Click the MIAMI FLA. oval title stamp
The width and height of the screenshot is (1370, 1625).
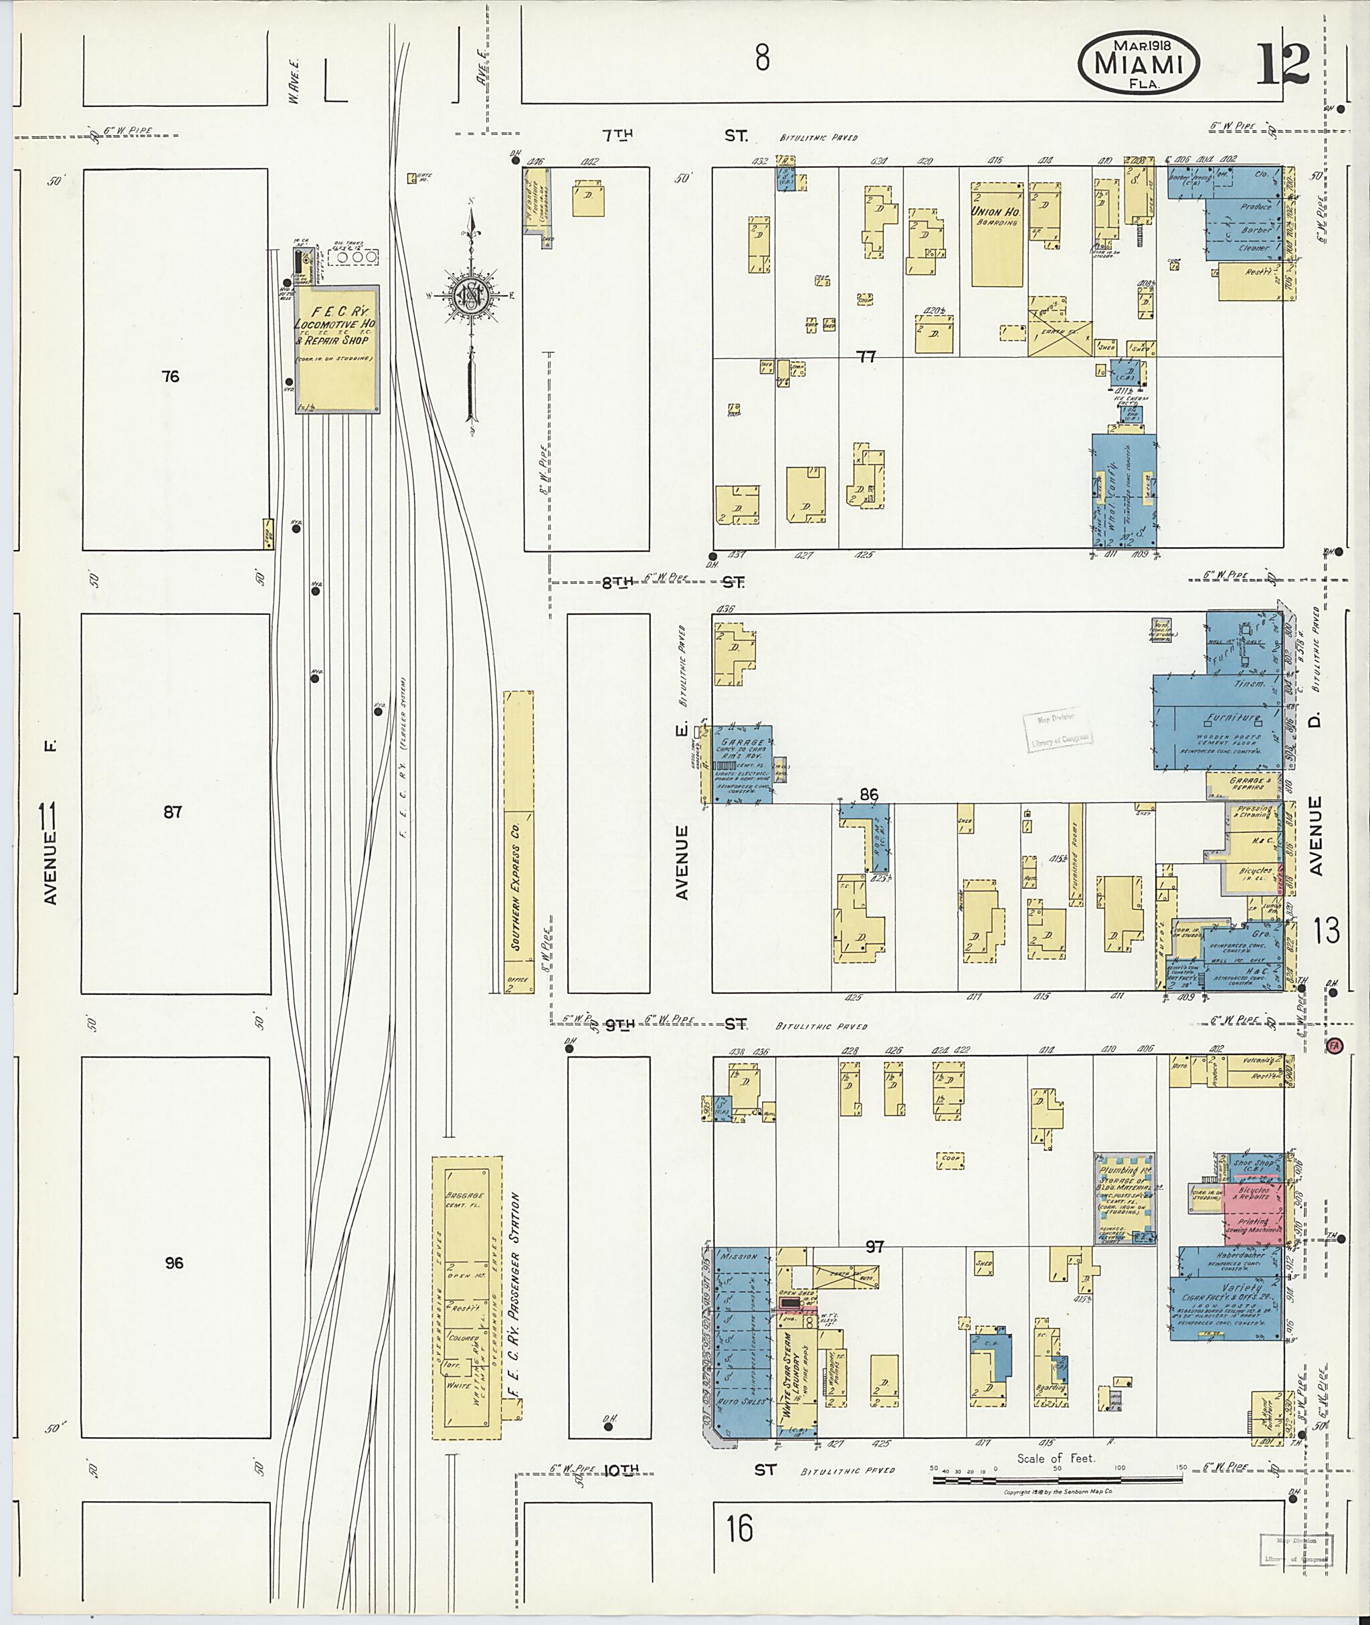tap(1138, 66)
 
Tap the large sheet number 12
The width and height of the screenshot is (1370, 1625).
tap(1283, 66)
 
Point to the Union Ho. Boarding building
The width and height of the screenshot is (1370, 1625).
tap(997, 233)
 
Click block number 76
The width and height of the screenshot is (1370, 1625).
tap(171, 377)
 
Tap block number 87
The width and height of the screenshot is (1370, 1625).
tap(173, 812)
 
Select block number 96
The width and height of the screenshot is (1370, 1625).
tap(174, 1263)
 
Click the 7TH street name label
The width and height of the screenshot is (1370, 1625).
tap(617, 135)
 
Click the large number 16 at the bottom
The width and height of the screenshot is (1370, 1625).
tap(740, 1529)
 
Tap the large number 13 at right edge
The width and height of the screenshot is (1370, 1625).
tap(1327, 930)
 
